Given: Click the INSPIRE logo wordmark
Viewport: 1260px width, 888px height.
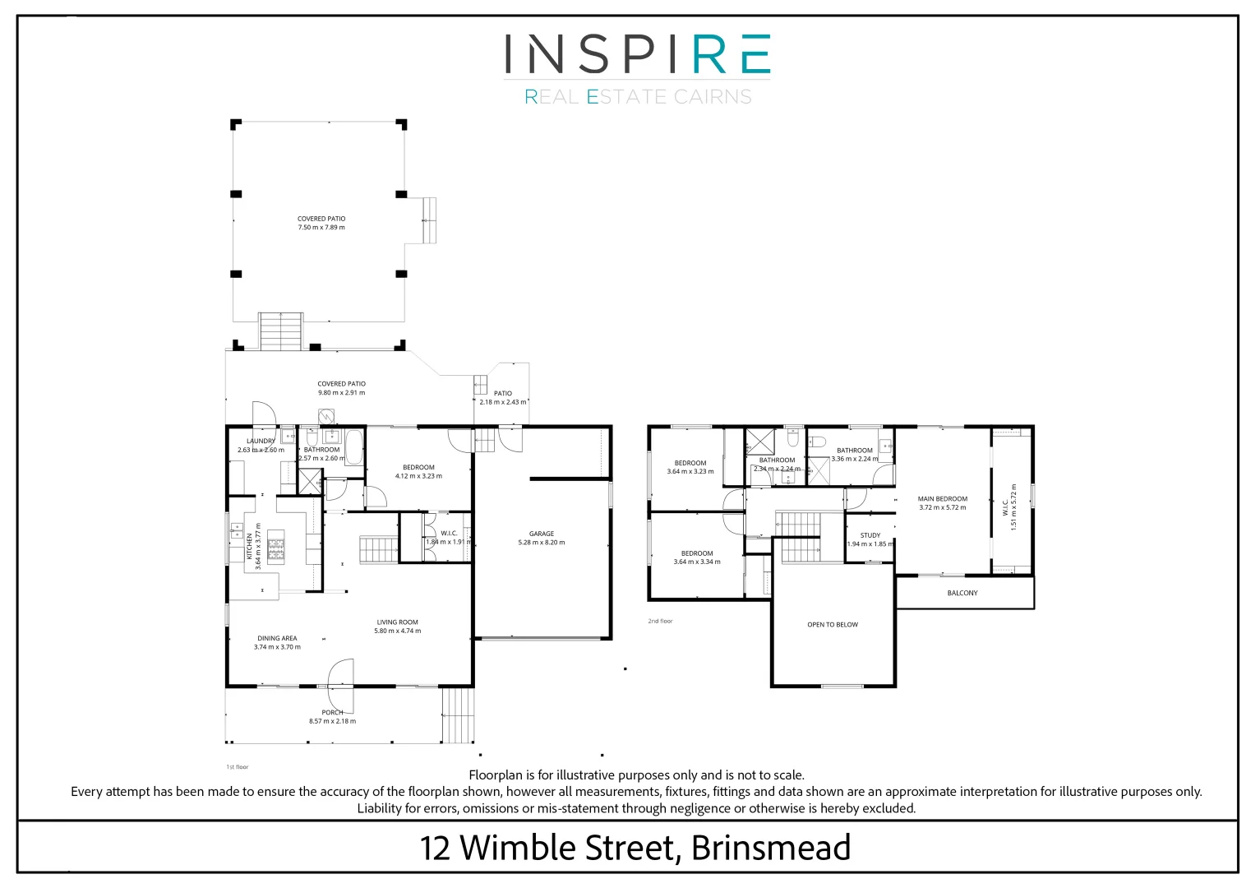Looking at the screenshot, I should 637,54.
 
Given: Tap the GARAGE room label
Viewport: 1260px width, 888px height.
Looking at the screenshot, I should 541,534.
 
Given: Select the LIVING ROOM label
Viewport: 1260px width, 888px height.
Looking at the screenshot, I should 397,622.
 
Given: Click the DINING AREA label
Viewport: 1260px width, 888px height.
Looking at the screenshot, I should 277,638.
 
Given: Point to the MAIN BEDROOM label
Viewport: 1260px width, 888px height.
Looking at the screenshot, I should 942,499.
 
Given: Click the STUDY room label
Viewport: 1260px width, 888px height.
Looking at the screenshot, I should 870,535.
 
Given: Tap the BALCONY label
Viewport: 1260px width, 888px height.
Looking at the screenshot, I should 962,593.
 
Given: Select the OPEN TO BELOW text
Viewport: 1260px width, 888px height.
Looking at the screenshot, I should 832,625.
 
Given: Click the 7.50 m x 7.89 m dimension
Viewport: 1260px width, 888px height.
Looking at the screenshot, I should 321,228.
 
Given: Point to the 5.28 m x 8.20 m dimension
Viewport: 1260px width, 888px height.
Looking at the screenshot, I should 541,543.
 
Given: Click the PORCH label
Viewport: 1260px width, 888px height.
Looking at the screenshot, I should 332,713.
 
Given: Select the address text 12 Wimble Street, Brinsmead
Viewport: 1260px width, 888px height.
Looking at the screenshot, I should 635,848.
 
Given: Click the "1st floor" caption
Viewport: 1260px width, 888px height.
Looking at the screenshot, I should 237,767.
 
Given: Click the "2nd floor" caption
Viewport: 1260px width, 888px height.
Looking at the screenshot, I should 660,621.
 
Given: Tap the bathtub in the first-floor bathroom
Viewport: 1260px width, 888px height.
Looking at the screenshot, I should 354,448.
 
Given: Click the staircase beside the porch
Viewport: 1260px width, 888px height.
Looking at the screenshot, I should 459,715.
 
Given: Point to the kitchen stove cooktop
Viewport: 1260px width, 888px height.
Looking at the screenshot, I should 275,549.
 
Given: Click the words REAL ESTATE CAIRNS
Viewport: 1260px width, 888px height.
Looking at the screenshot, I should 638,97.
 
